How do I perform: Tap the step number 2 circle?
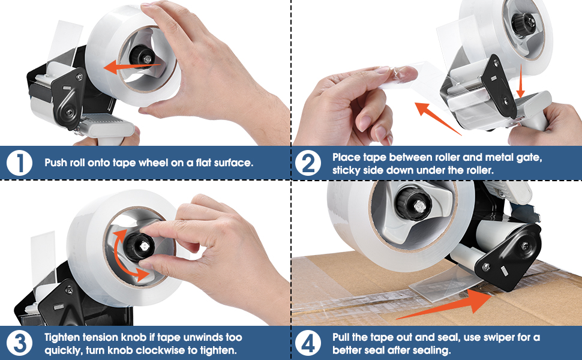tap(308, 163)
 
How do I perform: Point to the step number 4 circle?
tap(308, 344)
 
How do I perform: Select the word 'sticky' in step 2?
tap(347, 170)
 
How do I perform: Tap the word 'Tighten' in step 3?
tap(61, 338)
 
